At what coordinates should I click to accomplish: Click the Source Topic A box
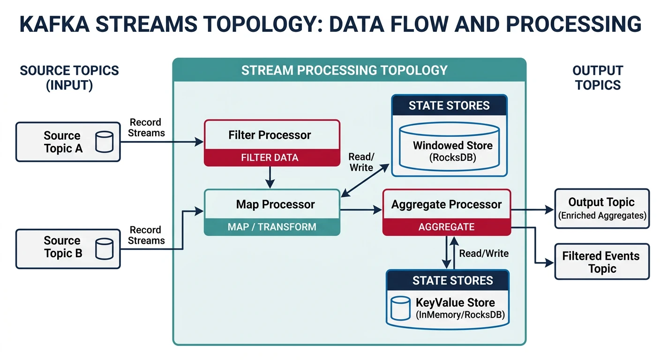pos(68,142)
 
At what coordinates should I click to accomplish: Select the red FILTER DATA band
pos(272,157)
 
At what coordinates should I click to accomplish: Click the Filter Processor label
pos(270,135)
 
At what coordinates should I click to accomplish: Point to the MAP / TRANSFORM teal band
pos(272,227)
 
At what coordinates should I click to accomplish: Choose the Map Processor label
pos(275,204)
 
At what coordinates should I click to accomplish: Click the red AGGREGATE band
pos(446,227)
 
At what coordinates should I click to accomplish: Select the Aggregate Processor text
pos(446,204)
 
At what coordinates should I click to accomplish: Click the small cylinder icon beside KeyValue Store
pos(401,308)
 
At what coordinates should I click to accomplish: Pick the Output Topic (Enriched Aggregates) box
pos(602,208)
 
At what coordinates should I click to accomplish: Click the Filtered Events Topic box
pos(602,262)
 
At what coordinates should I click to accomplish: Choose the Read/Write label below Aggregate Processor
pos(484,253)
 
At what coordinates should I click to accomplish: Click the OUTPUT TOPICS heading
pos(598,78)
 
